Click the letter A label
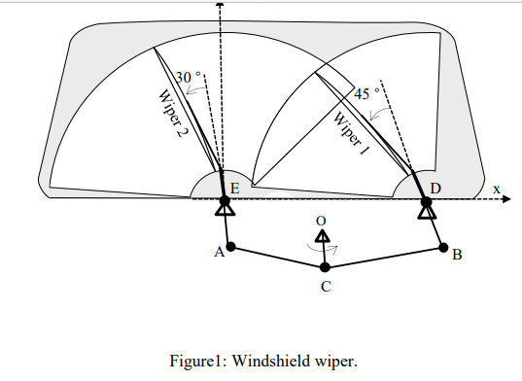219,251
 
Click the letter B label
457,255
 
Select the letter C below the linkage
326,287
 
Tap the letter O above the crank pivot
321,221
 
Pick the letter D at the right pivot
435,187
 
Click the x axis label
496,188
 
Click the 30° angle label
188,76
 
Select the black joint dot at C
326,267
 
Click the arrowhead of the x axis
505,199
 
